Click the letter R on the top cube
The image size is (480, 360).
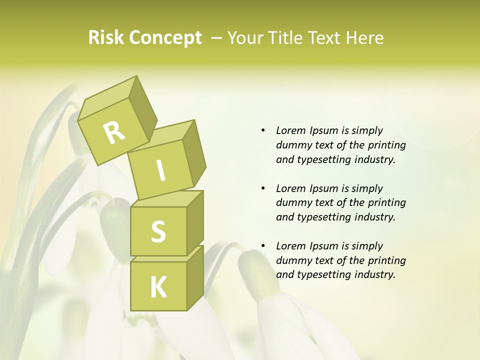click(x=114, y=132)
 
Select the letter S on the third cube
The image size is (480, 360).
click(x=158, y=231)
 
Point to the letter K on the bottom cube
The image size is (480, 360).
click(x=158, y=287)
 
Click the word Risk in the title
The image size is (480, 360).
click(x=105, y=38)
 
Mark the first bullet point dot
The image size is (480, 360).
click(x=263, y=130)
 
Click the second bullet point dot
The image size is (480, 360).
click(x=263, y=188)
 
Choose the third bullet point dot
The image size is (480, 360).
click(x=263, y=246)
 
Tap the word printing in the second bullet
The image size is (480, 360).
click(x=384, y=203)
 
